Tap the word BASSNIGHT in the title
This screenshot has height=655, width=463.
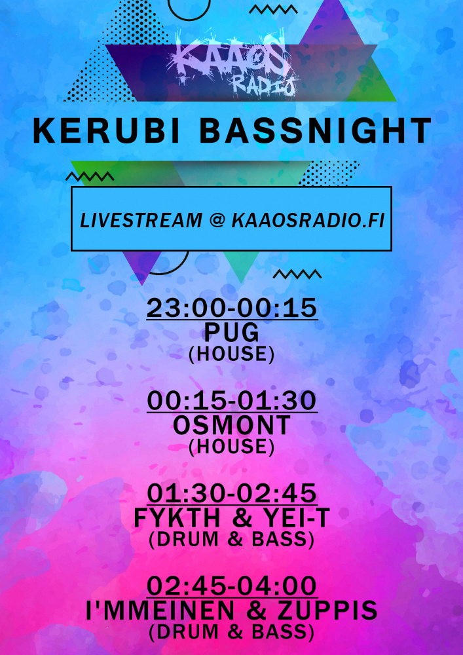[316, 131]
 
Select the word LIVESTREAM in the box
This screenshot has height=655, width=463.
[141, 220]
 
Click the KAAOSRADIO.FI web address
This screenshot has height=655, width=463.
[308, 220]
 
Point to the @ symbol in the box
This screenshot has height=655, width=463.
[217, 221]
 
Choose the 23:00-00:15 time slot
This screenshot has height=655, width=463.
[232, 309]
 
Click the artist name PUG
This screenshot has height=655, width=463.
[232, 333]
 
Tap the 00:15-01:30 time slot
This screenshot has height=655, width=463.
[232, 401]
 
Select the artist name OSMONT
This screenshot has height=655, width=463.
[232, 426]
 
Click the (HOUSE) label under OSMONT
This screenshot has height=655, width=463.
[232, 447]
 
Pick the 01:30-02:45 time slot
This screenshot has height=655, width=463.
[232, 494]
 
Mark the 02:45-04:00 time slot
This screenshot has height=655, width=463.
[232, 586]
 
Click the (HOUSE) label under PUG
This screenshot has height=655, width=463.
[232, 354]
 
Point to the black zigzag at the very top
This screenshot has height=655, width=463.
[274, 9]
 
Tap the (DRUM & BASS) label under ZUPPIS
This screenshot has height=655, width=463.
[232, 632]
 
